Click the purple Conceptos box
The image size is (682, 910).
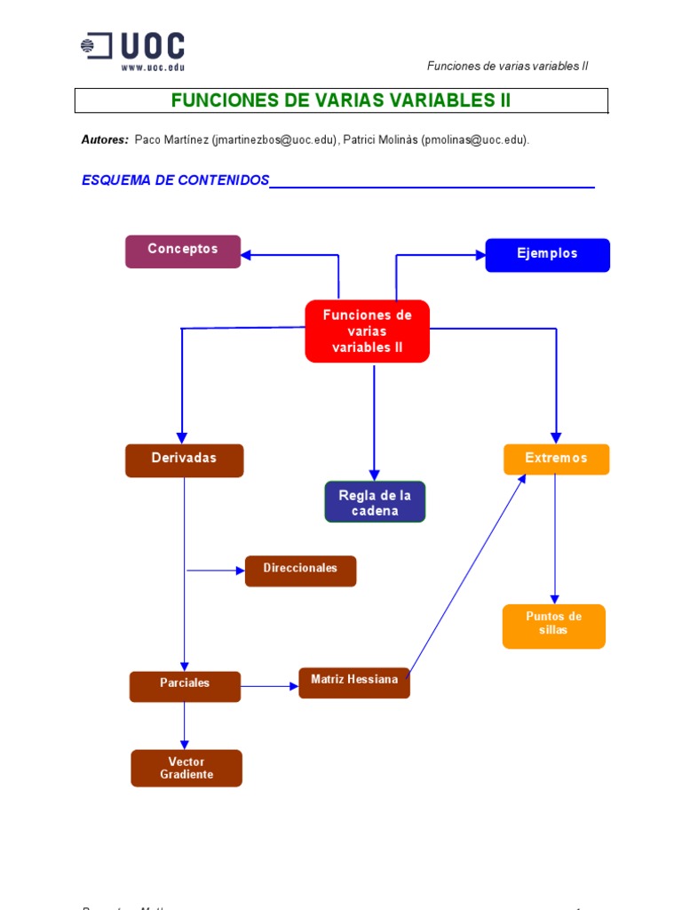tap(183, 251)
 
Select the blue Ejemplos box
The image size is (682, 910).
tap(547, 254)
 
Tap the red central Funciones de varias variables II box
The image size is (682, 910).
tap(367, 331)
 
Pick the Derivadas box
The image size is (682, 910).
tap(184, 459)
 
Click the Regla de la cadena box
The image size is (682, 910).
tap(375, 502)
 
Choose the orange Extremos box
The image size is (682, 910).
tap(556, 459)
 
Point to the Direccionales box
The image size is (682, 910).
tap(300, 570)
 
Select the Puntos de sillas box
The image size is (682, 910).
tap(553, 625)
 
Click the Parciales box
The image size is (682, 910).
tap(185, 685)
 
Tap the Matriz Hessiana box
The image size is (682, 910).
tap(354, 682)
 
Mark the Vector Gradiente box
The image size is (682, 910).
tap(186, 768)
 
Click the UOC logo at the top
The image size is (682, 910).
tap(133, 47)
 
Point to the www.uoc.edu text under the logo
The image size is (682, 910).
tap(152, 67)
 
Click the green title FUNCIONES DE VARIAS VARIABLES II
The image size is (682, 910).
tap(341, 100)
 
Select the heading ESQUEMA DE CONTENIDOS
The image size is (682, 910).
tap(175, 180)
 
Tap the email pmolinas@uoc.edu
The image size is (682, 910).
tap(474, 140)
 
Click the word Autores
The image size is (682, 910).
tap(105, 140)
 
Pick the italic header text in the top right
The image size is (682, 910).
tap(507, 66)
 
